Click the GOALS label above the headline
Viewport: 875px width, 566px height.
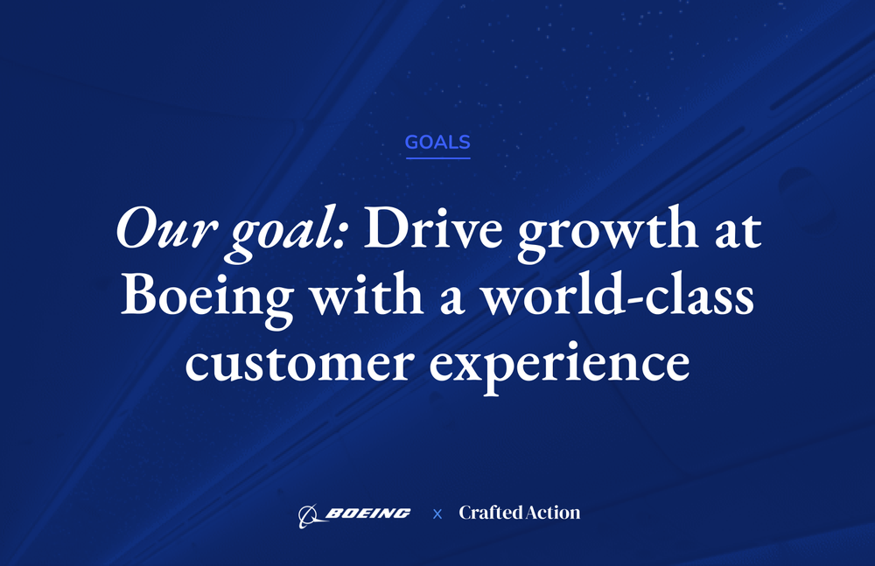(x=437, y=142)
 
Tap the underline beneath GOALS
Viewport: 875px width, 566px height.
(x=437, y=158)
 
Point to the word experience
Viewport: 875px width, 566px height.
(x=559, y=365)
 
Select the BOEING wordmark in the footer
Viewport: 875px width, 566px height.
(x=367, y=514)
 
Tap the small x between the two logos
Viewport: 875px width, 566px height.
(x=437, y=514)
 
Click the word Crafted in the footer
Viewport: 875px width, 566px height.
(x=488, y=514)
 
